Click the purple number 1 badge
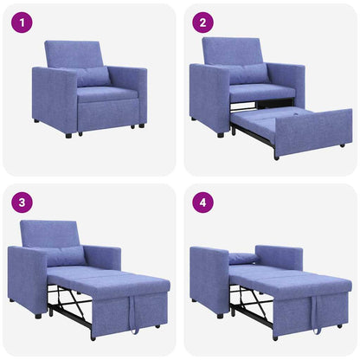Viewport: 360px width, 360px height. pos(21,22)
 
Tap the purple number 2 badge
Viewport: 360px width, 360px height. pos(202,22)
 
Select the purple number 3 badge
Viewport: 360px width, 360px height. pos(21,202)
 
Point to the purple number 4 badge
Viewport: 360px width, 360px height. pos(202,202)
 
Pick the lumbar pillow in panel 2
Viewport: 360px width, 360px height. pos(248,74)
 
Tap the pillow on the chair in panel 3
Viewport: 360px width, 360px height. pos(66,255)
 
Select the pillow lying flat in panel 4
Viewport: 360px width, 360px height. pos(243,258)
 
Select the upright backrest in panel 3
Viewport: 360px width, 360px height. pos(50,233)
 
